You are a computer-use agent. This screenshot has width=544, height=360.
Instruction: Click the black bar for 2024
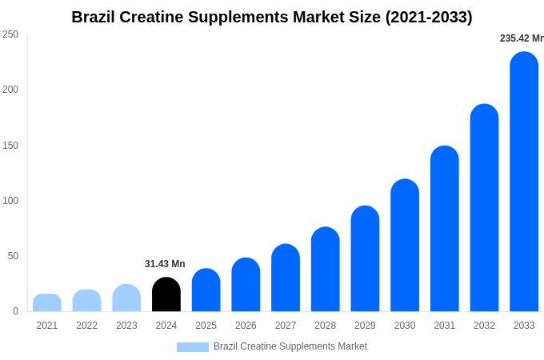pos(166,294)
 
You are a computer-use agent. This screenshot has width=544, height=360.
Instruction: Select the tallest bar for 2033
pos(524,182)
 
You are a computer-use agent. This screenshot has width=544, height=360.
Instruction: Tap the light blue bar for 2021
pos(47,303)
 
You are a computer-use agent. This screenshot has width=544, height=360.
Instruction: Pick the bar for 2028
pos(326,270)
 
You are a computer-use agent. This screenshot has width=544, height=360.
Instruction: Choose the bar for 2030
pos(405,246)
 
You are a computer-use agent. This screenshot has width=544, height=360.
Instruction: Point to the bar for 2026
pos(246,285)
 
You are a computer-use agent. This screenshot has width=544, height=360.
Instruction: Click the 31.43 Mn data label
pos(165,264)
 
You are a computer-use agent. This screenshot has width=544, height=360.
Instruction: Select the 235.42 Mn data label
pos(521,38)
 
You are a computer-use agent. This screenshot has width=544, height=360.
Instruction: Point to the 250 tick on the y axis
pos(10,34)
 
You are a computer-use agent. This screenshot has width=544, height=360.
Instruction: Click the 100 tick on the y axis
pos(10,201)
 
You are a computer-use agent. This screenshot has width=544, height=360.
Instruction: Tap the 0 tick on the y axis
pos(15,311)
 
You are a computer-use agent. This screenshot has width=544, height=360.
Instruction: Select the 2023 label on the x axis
pos(126,326)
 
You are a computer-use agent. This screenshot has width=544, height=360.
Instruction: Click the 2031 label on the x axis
pos(445,326)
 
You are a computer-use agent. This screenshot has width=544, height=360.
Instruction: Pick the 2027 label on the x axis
pos(286,326)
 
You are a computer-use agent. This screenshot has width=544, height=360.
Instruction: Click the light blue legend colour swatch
pos(192,347)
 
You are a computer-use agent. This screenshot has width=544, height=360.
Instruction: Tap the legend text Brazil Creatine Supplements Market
pos(290,346)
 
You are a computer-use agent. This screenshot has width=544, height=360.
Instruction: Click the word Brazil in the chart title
pos(93,17)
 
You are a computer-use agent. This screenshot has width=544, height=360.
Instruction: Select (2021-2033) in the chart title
pos(429,17)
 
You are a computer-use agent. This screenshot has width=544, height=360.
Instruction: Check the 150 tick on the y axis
pos(10,146)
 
